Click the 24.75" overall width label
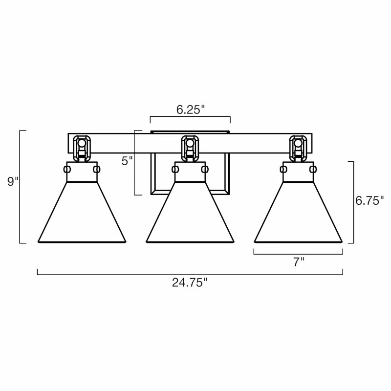click(190, 282)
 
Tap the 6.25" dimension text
click(190, 109)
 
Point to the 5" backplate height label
click(127, 160)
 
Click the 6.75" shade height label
click(370, 200)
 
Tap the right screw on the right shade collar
click(313, 169)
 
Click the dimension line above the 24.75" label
click(190, 274)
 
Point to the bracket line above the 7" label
click(298, 254)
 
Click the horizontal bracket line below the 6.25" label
click(190, 117)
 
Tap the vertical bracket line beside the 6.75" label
click(353, 202)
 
